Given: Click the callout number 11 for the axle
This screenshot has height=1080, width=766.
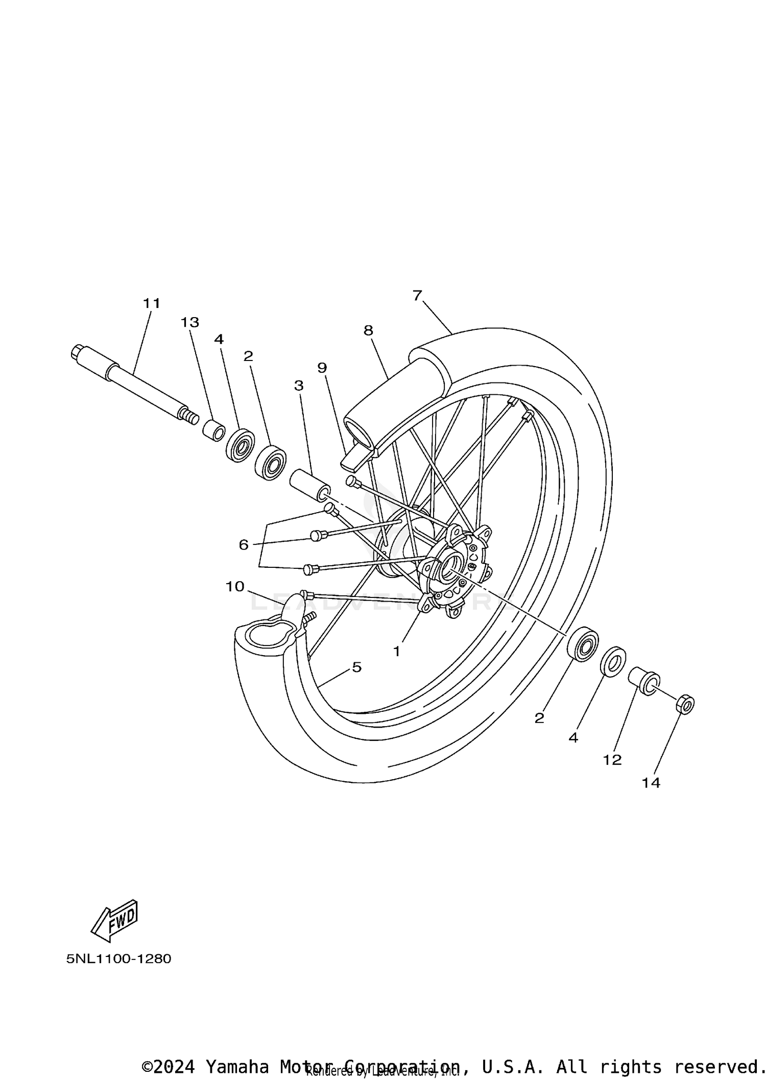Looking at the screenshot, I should (152, 303).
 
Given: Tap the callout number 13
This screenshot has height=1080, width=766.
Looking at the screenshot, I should (189, 322).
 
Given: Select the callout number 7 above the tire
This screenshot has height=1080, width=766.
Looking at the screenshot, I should (417, 295).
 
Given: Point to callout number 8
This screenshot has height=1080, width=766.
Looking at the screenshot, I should (368, 330).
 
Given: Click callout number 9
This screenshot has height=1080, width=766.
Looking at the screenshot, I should (322, 368).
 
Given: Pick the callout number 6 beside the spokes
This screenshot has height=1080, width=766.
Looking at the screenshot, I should (244, 545).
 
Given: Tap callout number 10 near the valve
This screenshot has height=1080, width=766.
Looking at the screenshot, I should (235, 587).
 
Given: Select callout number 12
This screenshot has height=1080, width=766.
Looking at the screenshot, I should (612, 760).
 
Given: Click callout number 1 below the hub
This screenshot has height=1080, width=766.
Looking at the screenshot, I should (397, 651).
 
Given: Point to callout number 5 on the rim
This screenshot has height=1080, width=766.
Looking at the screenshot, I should (356, 667).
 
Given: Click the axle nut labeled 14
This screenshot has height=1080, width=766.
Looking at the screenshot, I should (685, 705).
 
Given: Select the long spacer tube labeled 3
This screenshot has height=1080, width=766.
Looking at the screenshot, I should (309, 485).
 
